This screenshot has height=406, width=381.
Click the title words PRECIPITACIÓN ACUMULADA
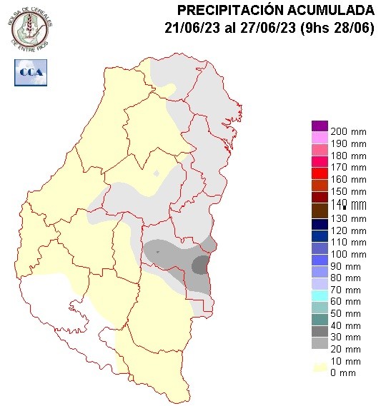(x=275, y=10)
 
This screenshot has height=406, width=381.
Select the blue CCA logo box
(x=30, y=72)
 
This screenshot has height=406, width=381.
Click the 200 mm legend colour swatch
(x=320, y=126)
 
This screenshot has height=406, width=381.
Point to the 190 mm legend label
(x=348, y=144)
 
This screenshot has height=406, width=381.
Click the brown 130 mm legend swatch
(x=320, y=212)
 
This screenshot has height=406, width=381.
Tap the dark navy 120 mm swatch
(x=320, y=224)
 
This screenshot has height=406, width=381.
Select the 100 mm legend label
(x=348, y=254)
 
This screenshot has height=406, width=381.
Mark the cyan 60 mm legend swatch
(x=320, y=295)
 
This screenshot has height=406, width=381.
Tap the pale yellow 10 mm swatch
(x=320, y=367)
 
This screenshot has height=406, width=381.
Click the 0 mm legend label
(x=345, y=372)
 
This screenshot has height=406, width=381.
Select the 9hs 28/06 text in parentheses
(x=332, y=28)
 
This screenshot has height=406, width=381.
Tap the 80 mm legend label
(x=348, y=278)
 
